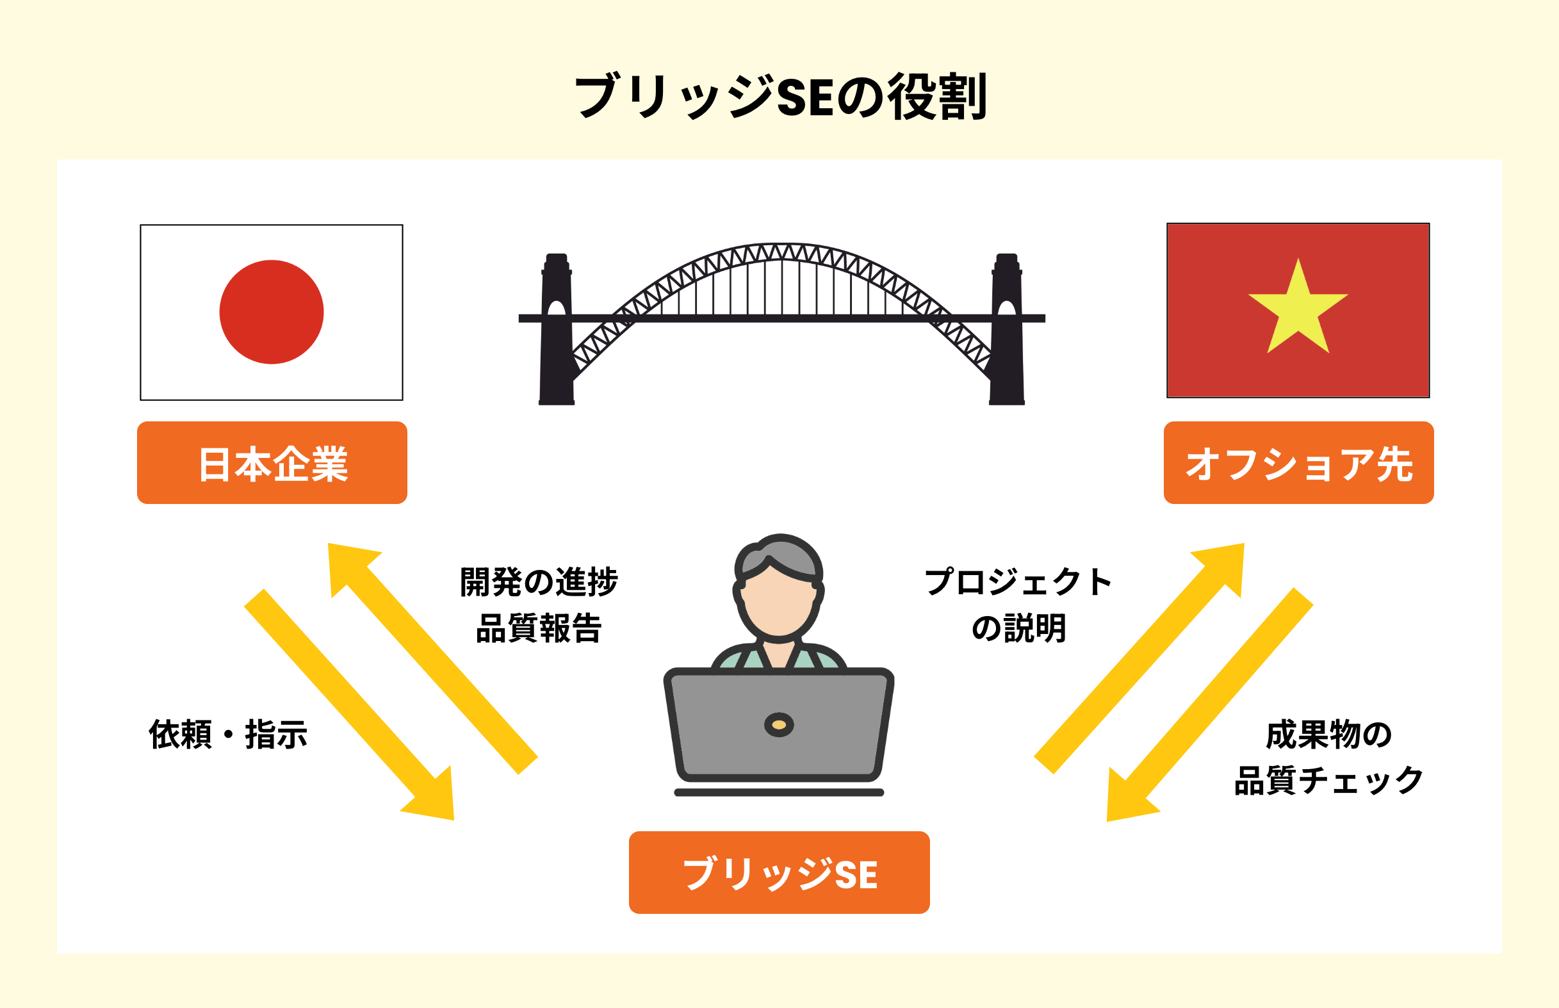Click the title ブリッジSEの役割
click(x=780, y=97)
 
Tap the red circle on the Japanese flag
click(x=272, y=313)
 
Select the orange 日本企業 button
click(x=272, y=463)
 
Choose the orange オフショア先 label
click(x=1298, y=463)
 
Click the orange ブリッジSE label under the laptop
click(x=779, y=872)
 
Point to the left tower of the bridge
click(x=557, y=329)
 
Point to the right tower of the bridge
click(x=1007, y=329)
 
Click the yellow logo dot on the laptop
click(x=779, y=724)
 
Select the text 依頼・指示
click(x=229, y=735)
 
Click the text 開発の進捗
click(x=539, y=582)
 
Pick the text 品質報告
click(x=539, y=628)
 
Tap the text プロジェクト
click(x=1018, y=582)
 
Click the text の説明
click(x=1019, y=628)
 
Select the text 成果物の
click(x=1329, y=735)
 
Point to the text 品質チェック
click(x=1329, y=781)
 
